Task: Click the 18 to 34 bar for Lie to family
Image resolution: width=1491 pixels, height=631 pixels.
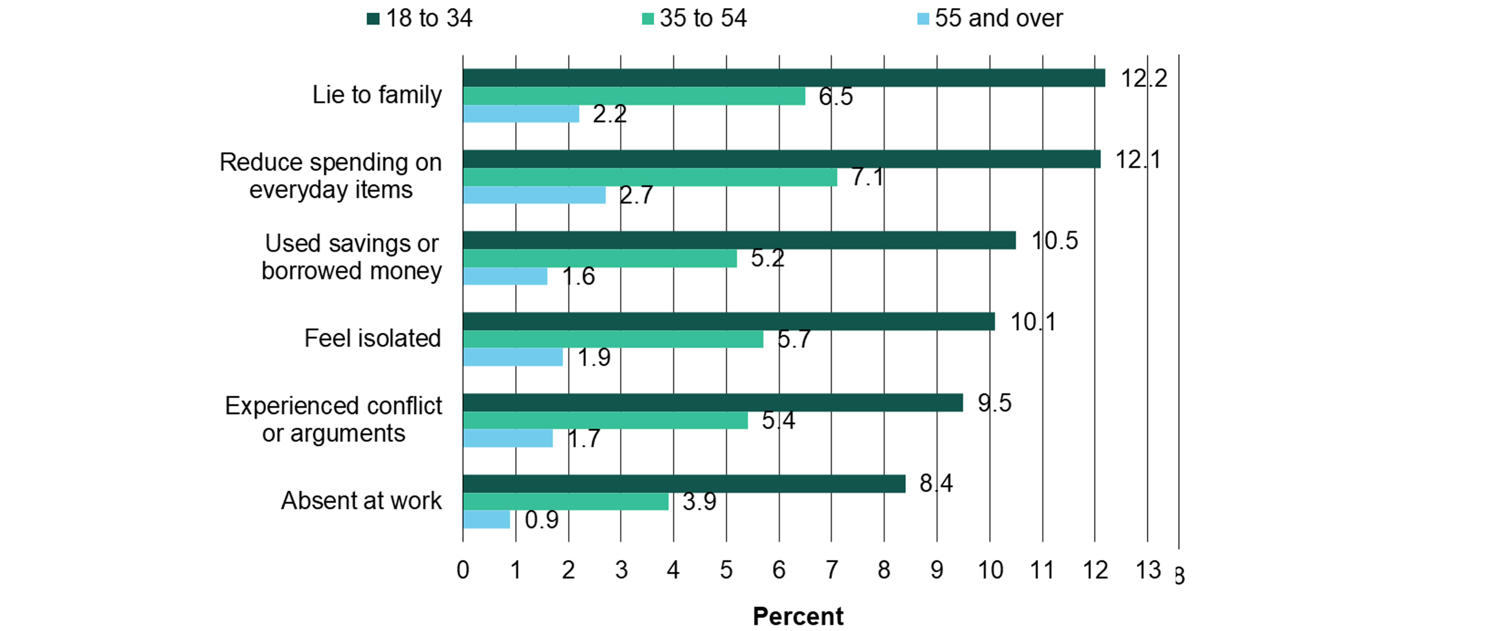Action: pyautogui.click(x=784, y=78)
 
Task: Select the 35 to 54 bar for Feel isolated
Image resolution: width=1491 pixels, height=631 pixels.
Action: pyautogui.click(x=613, y=339)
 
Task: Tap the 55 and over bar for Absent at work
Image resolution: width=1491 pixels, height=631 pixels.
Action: pyautogui.click(x=486, y=519)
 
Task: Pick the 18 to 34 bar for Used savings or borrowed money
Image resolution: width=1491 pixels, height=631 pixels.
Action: pyautogui.click(x=739, y=240)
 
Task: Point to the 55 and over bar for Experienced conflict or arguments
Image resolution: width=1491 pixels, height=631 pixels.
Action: pyautogui.click(x=507, y=438)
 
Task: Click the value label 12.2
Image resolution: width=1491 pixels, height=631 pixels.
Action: pyautogui.click(x=1144, y=78)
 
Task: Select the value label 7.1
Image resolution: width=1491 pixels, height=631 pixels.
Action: pyautogui.click(x=867, y=177)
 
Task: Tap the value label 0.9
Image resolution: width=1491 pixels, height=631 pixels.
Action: pyautogui.click(x=542, y=520)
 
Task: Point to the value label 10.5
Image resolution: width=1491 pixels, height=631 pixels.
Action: pyautogui.click(x=1055, y=241)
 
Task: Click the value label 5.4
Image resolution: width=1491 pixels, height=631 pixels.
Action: pyautogui.click(x=778, y=421)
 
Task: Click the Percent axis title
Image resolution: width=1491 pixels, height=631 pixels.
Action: pyautogui.click(x=797, y=617)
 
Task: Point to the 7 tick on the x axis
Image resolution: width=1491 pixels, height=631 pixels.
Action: pyautogui.click(x=832, y=570)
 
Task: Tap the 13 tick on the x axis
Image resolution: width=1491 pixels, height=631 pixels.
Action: pyautogui.click(x=1148, y=570)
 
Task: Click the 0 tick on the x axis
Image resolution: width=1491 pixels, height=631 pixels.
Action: pyautogui.click(x=463, y=570)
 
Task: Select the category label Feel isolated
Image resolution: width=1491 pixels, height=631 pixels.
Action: pyautogui.click(x=372, y=339)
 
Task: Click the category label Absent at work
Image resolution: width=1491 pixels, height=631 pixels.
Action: pyautogui.click(x=361, y=501)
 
